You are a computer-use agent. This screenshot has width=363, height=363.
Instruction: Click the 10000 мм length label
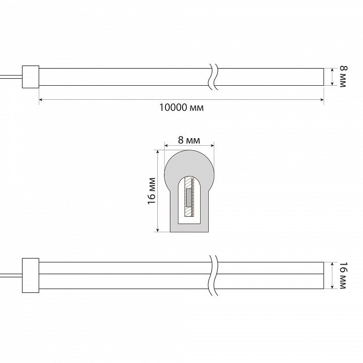tap(181, 107)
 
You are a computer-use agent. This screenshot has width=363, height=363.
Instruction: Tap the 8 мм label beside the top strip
tap(343, 77)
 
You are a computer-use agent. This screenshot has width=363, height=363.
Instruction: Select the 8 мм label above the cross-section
tap(189, 140)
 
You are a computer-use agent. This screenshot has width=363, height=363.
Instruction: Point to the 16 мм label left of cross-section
tap(152, 191)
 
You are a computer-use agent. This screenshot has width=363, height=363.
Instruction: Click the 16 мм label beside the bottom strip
tap(343, 275)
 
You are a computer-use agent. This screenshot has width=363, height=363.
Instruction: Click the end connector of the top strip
tap(31, 77)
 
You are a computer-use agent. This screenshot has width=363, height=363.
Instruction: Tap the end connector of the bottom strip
tap(31, 275)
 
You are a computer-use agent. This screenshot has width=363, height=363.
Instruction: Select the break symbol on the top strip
tap(213, 77)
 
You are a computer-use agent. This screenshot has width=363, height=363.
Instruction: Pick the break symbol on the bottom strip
tap(213, 275)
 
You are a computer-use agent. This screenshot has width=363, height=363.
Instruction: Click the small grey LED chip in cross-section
tap(189, 198)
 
